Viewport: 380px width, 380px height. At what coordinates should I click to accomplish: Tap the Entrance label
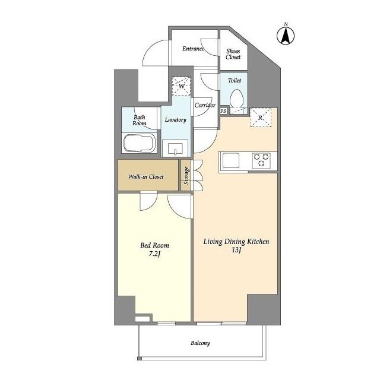[x=193, y=49]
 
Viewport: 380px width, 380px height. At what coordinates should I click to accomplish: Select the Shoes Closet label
[x=233, y=54]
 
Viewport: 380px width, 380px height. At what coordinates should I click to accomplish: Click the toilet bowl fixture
[x=237, y=99]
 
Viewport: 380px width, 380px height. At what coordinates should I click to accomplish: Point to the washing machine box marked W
[x=181, y=85]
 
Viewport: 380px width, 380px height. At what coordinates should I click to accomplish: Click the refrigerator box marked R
[x=261, y=117]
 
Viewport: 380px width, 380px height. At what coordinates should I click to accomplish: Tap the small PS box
[x=223, y=111]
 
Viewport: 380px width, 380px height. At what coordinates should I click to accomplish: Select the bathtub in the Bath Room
[x=139, y=144]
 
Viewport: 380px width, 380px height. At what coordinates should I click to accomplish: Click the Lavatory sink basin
[x=176, y=148]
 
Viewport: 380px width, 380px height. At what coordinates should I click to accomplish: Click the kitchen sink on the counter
[x=230, y=159]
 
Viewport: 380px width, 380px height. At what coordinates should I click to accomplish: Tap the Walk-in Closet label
[x=146, y=176]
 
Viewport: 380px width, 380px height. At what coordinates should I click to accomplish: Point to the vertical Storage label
[x=186, y=176]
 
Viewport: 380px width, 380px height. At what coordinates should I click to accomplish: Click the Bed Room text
[x=154, y=245]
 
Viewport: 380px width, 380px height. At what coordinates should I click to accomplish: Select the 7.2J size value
[x=154, y=254]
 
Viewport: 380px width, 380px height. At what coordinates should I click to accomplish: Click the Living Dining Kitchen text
[x=236, y=241]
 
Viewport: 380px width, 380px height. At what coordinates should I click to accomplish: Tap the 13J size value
[x=236, y=251]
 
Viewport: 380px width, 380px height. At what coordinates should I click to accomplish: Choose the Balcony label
[x=200, y=343]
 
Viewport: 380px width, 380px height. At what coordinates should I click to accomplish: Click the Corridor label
[x=204, y=105]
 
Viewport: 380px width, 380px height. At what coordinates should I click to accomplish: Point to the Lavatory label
[x=175, y=119]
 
